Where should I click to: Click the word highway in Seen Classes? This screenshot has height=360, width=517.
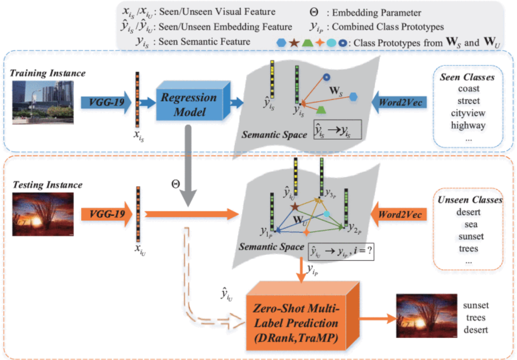click(x=468, y=125)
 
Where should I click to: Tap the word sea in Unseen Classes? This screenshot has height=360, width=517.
click(x=468, y=224)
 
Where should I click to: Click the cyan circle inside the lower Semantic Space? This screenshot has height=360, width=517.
click(x=326, y=215)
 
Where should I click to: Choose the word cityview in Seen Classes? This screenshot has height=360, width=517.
click(x=468, y=113)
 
